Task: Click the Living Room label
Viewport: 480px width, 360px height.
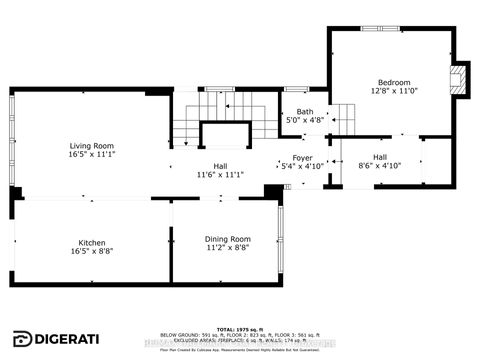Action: pyautogui.click(x=84, y=146)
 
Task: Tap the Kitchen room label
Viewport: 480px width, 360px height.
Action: pyautogui.click(x=92, y=242)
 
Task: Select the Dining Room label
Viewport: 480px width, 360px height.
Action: pyautogui.click(x=228, y=239)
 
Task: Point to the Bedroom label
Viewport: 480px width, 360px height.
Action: pyautogui.click(x=394, y=82)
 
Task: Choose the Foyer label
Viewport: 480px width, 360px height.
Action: pyautogui.click(x=302, y=158)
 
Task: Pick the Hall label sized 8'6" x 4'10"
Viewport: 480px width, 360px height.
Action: pyautogui.click(x=380, y=157)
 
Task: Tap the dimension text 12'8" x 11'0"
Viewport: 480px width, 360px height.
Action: pyautogui.click(x=394, y=92)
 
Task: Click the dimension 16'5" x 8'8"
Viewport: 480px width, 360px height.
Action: pyautogui.click(x=92, y=251)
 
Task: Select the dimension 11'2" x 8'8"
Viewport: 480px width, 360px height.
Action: pyautogui.click(x=228, y=248)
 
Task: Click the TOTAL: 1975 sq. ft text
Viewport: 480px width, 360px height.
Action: pyautogui.click(x=240, y=329)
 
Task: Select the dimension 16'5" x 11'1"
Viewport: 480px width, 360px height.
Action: pyautogui.click(x=84, y=156)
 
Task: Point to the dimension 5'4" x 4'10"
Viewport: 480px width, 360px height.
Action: pyautogui.click(x=302, y=167)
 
